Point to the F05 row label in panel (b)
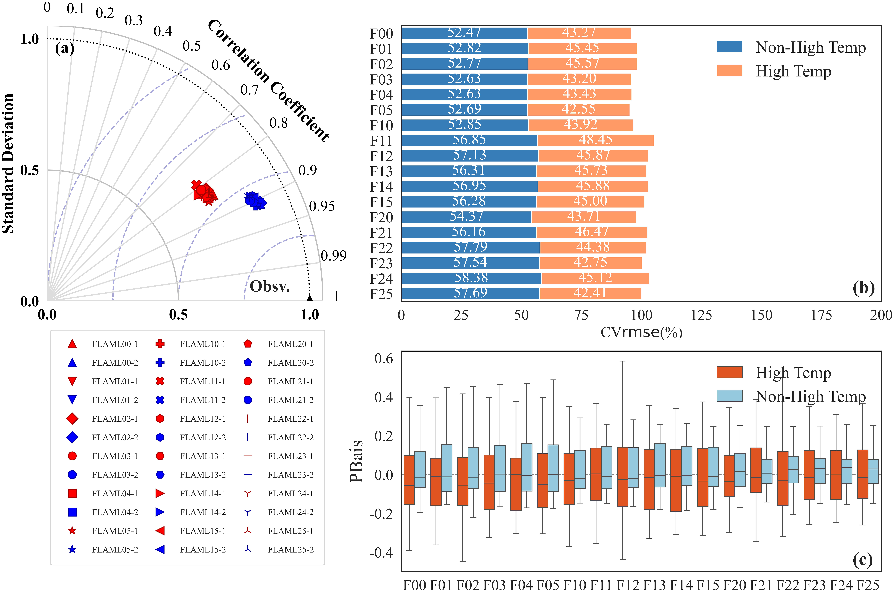click(x=381, y=110)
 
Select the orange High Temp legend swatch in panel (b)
click(x=729, y=71)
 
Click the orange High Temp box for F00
click(x=409, y=479)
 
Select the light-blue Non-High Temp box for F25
click(x=874, y=472)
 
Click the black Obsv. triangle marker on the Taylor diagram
click(x=310, y=298)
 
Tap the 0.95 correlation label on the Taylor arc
click(x=322, y=206)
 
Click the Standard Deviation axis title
click(x=8, y=163)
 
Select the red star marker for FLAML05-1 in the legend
click(x=72, y=531)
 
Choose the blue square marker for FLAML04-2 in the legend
click(x=72, y=512)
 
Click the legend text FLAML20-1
click(x=290, y=344)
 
